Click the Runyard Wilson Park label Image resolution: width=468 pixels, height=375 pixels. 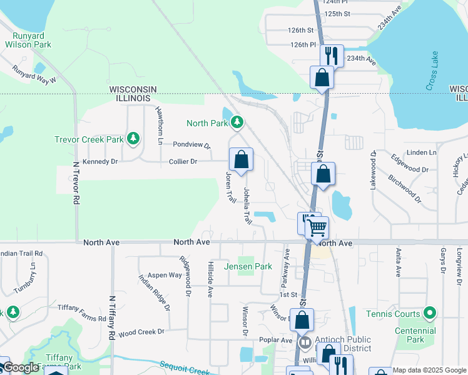(x=28, y=40)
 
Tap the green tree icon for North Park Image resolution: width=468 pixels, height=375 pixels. (x=238, y=122)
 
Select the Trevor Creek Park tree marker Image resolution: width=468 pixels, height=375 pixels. (x=133, y=139)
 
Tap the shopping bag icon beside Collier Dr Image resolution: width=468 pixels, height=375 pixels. (x=241, y=160)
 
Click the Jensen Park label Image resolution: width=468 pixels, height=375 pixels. (x=248, y=266)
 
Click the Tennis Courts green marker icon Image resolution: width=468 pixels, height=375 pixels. (x=429, y=312)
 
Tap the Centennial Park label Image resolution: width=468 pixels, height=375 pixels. (x=415, y=335)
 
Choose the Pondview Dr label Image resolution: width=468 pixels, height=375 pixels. (x=191, y=144)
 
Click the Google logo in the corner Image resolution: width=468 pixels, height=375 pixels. (x=20, y=368)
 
